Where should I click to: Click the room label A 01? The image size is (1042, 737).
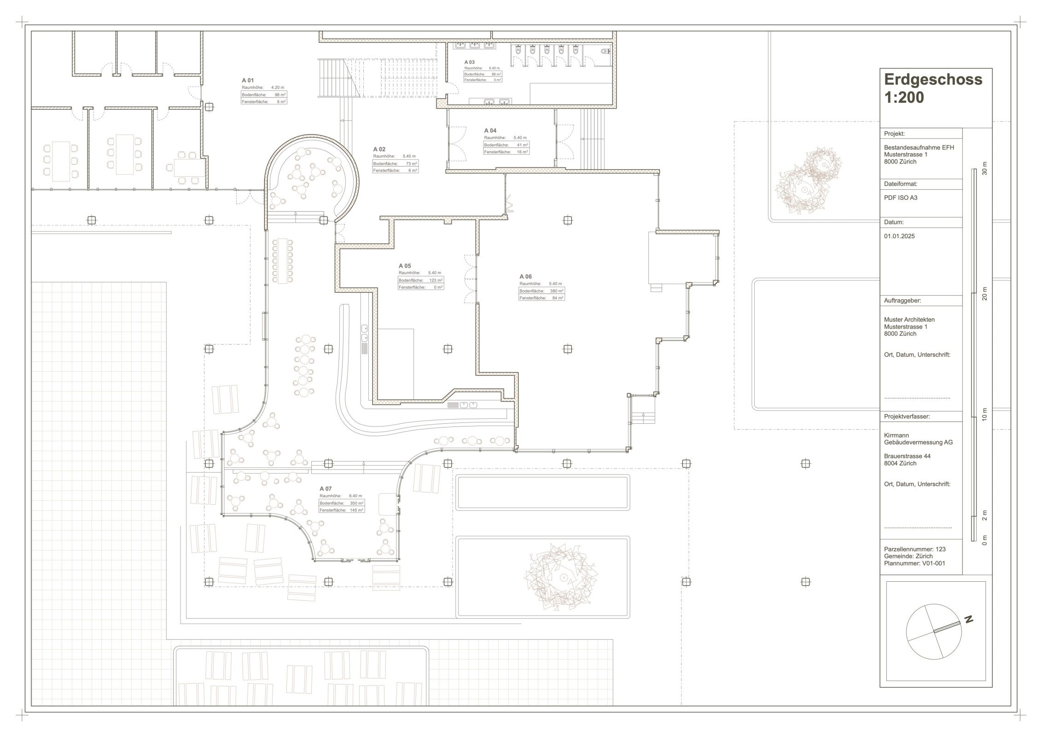click(x=248, y=80)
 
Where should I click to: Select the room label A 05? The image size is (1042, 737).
click(x=405, y=266)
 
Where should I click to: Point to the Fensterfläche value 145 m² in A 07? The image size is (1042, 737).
click(x=357, y=510)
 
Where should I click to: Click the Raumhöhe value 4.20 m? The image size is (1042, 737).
click(x=278, y=88)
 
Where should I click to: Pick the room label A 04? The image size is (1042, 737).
click(x=490, y=131)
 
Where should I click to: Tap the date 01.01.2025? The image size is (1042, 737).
click(x=899, y=236)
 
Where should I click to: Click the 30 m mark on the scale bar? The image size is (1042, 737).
click(x=985, y=169)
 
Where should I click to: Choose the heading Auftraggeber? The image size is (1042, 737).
click(x=902, y=301)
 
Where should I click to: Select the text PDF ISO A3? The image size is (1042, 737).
click(x=901, y=198)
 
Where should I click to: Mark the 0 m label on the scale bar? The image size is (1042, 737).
click(x=985, y=540)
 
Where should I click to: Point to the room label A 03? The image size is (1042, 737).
click(x=469, y=62)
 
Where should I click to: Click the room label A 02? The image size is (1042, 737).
click(x=379, y=149)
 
